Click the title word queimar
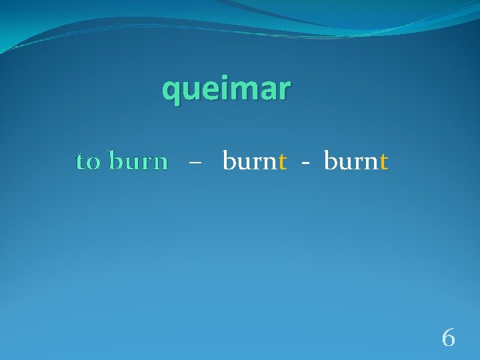(226, 89)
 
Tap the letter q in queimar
(172, 91)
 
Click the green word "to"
(89, 161)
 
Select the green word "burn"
(138, 161)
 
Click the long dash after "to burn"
(194, 163)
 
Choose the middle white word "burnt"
(255, 161)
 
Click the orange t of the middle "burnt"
(283, 161)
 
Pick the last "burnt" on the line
(356, 161)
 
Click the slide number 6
(449, 339)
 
